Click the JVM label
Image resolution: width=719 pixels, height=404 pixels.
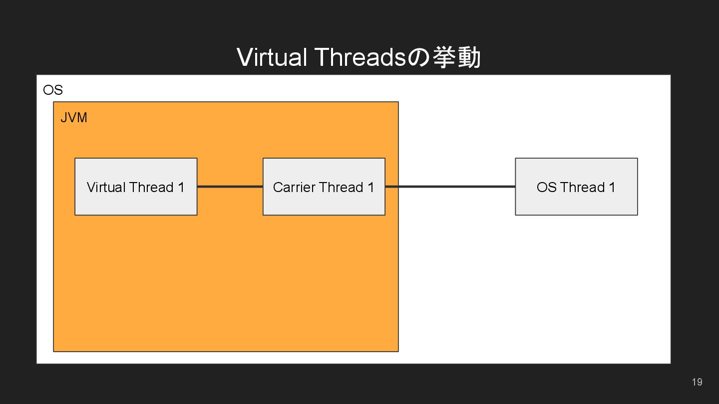[74, 118]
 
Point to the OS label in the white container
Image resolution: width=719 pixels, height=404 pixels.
[53, 90]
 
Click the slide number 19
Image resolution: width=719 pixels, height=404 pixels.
[697, 382]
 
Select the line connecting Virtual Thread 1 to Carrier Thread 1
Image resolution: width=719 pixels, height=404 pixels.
[230, 187]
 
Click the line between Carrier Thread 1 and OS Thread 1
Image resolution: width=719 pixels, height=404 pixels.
[449, 187]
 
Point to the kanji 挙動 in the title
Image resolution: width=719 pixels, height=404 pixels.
[456, 57]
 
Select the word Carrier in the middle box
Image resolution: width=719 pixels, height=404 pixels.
[293, 188]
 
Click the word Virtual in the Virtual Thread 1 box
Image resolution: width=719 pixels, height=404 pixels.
[106, 188]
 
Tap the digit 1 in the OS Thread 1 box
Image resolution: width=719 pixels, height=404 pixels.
[612, 188]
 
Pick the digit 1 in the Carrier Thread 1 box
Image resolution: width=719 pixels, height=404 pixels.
[370, 188]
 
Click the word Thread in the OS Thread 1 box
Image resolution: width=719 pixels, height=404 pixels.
[582, 188]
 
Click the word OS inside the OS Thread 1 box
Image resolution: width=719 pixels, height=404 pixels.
[546, 188]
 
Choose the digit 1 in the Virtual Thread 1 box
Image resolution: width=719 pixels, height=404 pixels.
[181, 188]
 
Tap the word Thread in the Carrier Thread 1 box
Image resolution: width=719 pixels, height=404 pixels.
[341, 188]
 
